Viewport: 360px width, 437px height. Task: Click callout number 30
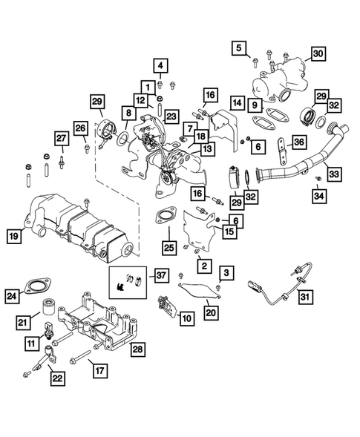coord(318,53)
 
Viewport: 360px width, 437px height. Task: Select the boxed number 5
coord(239,49)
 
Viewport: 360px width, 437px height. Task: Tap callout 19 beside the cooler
coord(14,237)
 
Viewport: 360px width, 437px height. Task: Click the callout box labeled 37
coord(161,276)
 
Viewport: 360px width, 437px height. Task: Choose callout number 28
coord(138,347)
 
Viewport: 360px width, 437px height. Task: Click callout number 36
coord(300,142)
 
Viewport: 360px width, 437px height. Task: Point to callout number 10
coord(186,318)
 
